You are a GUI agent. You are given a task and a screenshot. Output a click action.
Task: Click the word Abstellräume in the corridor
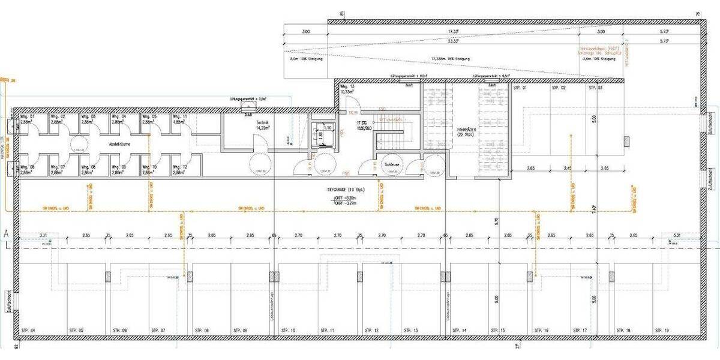pyautogui.click(x=116, y=145)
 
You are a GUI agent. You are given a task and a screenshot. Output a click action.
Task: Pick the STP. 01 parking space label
pyautogui.click(x=520, y=88)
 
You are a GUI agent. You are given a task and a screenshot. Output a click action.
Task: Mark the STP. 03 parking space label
pyautogui.click(x=595, y=88)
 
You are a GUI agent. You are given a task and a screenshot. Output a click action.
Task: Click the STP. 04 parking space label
pyautogui.click(x=28, y=331)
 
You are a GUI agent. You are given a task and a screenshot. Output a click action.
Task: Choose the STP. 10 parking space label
pyautogui.click(x=289, y=331)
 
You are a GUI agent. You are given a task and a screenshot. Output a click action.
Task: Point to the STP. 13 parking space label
pyautogui.click(x=411, y=331)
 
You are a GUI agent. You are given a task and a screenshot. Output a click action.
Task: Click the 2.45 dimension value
pyautogui.click(x=568, y=169)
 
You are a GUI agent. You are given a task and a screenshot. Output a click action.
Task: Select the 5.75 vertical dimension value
pyautogui.click(x=496, y=221)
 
